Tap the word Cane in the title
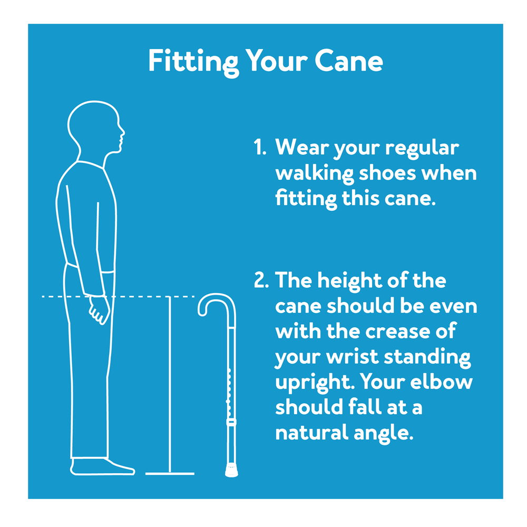[x=349, y=61]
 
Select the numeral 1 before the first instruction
[x=259, y=147]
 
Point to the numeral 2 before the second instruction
[x=261, y=280]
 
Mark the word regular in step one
[x=422, y=148]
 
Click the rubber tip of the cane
[x=231, y=471]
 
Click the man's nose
[x=122, y=131]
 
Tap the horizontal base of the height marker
[x=170, y=474]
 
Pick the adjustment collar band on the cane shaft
[x=231, y=423]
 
